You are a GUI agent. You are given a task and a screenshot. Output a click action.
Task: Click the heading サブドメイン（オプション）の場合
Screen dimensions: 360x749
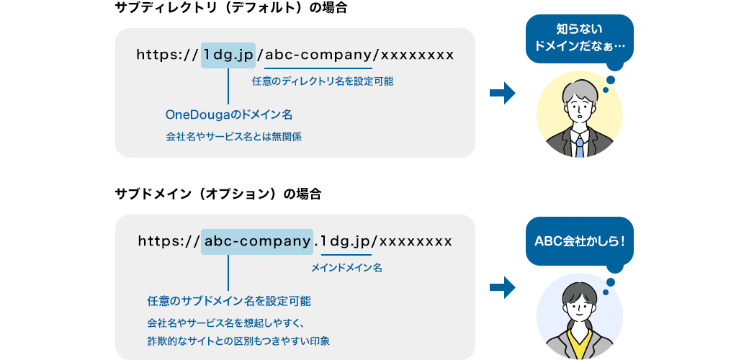(218, 194)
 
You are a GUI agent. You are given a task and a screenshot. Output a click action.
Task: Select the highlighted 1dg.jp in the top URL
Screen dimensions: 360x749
(228, 54)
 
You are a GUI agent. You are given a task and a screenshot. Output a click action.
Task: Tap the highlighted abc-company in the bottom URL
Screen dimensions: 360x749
(257, 240)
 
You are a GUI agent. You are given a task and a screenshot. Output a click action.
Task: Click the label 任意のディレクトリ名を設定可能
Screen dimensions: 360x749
(322, 81)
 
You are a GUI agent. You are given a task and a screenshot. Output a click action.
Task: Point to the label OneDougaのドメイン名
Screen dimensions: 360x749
(228, 114)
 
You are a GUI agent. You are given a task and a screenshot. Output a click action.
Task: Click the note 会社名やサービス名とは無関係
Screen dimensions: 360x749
(233, 136)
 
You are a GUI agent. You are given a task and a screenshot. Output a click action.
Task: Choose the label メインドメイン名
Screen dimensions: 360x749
(346, 267)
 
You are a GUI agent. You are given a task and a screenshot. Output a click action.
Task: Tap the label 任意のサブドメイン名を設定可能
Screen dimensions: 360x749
(229, 300)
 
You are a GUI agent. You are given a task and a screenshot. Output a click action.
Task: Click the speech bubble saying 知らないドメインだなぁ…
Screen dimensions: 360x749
(580, 38)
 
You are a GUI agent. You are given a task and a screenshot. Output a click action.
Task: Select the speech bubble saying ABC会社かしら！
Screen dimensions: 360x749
(580, 240)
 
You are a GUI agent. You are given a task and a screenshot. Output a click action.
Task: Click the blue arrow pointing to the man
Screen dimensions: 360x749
(502, 93)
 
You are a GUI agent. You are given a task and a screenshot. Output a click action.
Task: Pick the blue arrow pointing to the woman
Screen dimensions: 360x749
(502, 287)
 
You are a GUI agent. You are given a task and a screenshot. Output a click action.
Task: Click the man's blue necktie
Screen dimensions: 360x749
(580, 147)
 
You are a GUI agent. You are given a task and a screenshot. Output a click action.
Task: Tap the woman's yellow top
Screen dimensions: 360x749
(580, 343)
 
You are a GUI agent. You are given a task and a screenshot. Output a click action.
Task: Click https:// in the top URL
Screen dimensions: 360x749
(166, 54)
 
